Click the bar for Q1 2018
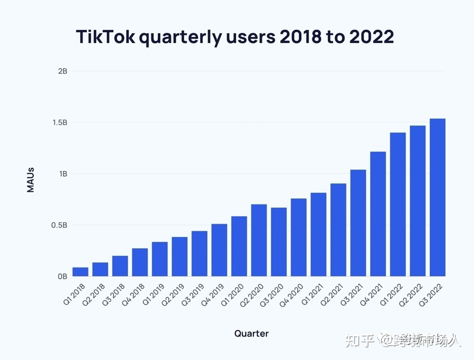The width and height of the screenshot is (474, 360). click(81, 272)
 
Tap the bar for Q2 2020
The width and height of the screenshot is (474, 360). click(259, 240)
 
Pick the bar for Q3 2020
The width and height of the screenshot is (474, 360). click(279, 242)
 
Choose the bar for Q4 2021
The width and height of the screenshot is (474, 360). click(378, 214)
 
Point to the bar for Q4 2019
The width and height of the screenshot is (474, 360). click(219, 250)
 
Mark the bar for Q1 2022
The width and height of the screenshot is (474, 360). click(398, 204)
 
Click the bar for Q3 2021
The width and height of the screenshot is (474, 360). click(358, 223)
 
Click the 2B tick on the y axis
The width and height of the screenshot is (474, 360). click(63, 71)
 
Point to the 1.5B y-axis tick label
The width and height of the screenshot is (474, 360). click(60, 123)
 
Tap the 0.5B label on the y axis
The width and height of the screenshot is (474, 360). click(60, 225)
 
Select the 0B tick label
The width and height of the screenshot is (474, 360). click(63, 276)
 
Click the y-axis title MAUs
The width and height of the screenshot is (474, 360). click(31, 179)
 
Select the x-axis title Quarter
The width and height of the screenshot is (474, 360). click(251, 333)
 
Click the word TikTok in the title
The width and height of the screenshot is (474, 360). click(105, 37)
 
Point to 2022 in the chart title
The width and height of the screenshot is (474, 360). click(372, 37)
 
